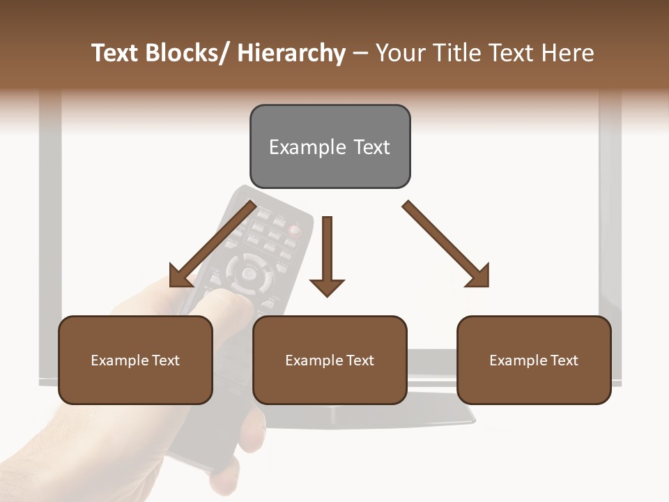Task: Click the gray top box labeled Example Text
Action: point(330,146)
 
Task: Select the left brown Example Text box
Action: point(135,360)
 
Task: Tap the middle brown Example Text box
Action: point(330,360)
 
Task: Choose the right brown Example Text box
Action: point(534,360)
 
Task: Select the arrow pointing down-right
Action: point(446,244)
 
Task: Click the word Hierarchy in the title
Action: point(291,53)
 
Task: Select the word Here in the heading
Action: point(568,53)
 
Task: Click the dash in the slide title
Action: point(360,53)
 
